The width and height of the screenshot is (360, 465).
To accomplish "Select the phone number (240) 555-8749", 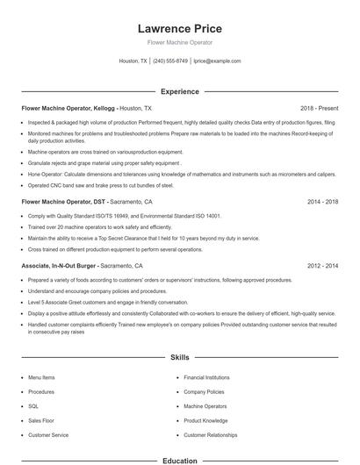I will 170,61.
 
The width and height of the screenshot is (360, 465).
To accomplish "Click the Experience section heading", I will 179,91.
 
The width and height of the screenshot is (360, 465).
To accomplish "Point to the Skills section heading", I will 179,358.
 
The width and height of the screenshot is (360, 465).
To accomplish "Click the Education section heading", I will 179,460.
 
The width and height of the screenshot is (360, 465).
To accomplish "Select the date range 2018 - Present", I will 319,107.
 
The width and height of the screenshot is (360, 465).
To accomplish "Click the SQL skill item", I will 33,406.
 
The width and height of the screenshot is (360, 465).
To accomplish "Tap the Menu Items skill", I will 40,377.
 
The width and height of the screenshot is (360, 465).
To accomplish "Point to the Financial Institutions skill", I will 206,377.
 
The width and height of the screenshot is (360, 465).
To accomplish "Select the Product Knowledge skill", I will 205,420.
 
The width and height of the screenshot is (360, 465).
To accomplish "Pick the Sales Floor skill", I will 40,420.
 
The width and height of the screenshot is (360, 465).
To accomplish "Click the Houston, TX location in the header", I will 133,61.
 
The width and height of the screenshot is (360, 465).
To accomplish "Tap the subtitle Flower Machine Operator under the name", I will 179,42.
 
